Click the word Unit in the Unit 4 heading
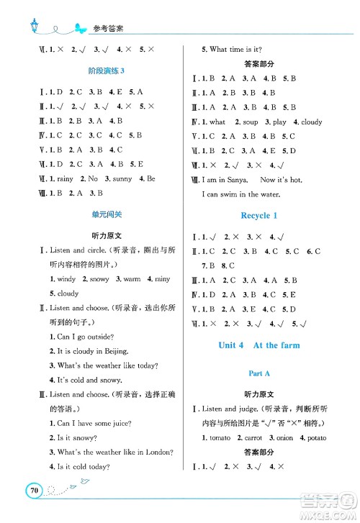pos(230,345)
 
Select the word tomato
pos(220,437)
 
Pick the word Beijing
pos(112,351)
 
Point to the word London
pos(157,452)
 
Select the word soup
pos(250,122)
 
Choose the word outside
pos(108,337)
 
